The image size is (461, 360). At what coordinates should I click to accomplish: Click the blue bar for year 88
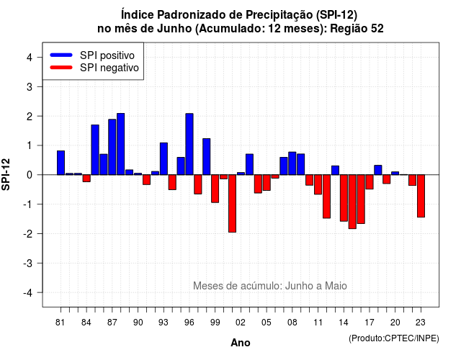coord(120,144)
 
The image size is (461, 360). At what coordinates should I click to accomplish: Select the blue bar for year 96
coord(189,144)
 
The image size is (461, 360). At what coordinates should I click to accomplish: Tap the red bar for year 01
coord(232,203)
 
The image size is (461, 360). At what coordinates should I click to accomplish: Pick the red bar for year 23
coord(421,196)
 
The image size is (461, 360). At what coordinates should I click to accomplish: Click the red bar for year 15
coord(352,202)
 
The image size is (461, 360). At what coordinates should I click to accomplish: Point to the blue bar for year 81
coord(61,163)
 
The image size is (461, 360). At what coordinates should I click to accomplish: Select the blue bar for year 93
coord(164,158)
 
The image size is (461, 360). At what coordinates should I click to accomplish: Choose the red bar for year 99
coord(215,189)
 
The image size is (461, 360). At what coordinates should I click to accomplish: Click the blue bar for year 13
coord(335,170)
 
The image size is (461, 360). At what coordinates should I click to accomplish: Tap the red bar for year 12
coord(326,197)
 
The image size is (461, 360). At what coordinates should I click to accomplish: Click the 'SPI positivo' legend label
coord(107,55)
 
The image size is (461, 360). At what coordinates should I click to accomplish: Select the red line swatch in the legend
coord(61,67)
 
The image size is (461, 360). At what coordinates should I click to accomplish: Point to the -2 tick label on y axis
coord(29,233)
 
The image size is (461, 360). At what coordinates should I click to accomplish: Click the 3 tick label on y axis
coord(30,86)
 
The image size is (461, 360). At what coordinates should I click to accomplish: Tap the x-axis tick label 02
coord(241,323)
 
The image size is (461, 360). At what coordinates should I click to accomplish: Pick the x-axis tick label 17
coord(370,323)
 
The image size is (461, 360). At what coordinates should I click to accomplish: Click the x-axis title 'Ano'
coord(241,343)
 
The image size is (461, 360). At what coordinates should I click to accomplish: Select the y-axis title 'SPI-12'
coord(6,174)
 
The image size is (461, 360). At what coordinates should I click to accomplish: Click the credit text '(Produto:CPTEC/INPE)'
coord(394,338)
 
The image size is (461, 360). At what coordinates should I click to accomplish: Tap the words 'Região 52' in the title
coord(357,29)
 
